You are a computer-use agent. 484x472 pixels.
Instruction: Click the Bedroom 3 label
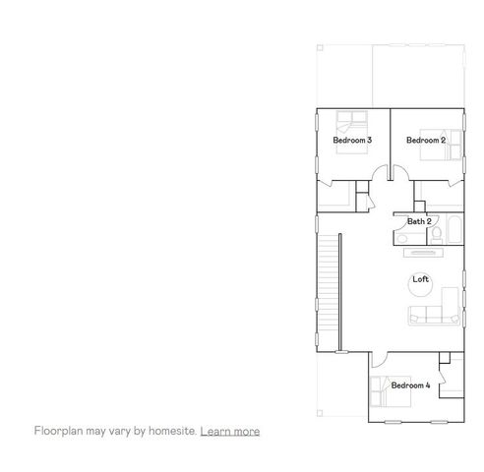tap(352, 141)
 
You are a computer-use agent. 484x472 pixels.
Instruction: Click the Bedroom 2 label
tap(426, 141)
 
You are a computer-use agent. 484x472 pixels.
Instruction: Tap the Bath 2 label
tap(419, 221)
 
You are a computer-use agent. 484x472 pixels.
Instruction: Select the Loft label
tap(421, 279)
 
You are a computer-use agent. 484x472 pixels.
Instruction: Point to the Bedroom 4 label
tap(410, 385)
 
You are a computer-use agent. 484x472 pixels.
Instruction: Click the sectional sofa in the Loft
tap(433, 315)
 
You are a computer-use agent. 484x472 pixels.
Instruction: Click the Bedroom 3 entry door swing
tap(379, 174)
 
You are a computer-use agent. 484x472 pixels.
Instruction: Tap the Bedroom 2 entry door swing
tap(400, 174)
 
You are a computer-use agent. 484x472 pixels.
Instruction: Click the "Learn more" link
tap(230, 431)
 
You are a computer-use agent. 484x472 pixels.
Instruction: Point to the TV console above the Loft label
tap(421, 252)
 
